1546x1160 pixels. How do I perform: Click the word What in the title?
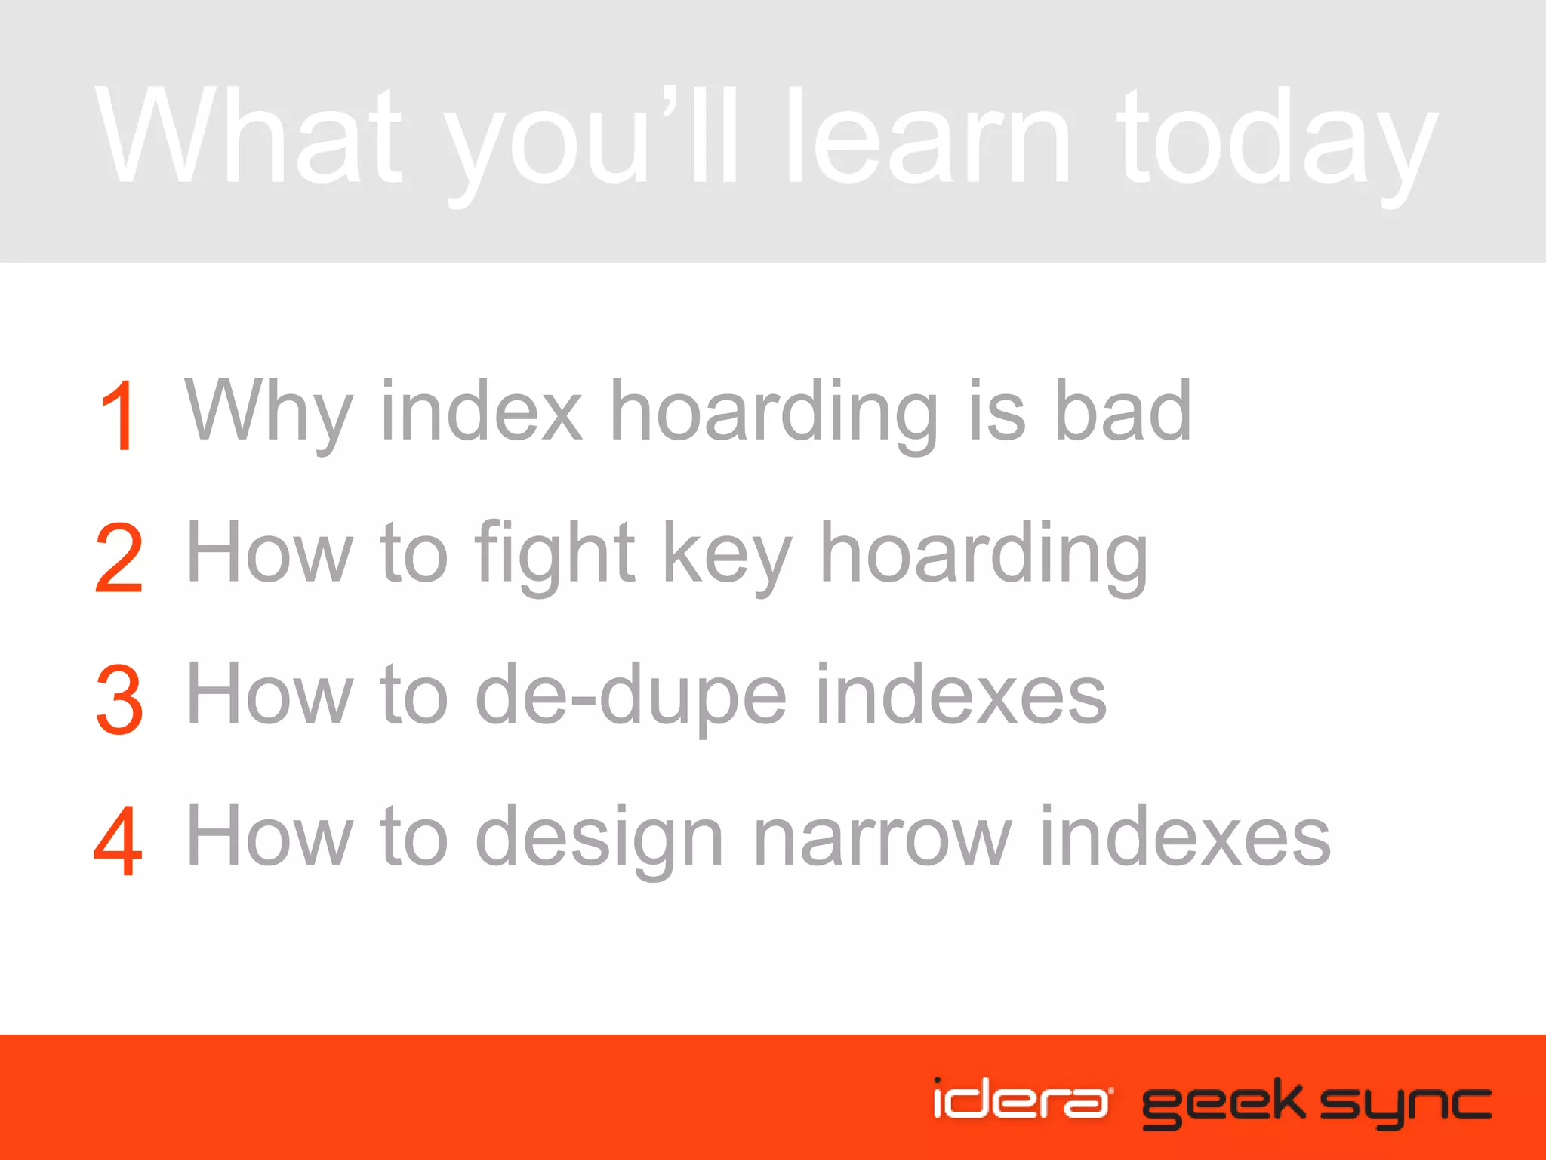249,136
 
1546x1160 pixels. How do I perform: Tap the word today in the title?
1276,140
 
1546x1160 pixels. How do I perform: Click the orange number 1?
119,415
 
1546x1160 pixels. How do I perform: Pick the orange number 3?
119,699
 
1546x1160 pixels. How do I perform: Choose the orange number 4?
119,840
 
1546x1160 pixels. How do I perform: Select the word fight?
555,555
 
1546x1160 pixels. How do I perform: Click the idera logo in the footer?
1021,1099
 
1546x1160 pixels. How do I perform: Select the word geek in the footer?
1223,1103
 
